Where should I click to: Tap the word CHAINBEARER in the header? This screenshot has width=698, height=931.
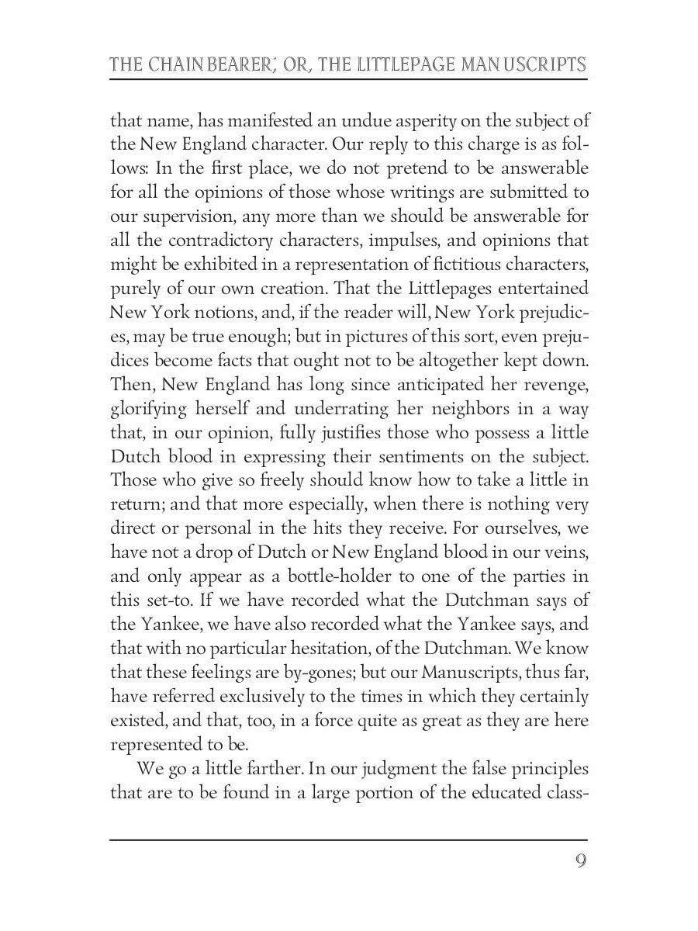(210, 64)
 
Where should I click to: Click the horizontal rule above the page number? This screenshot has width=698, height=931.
(348, 839)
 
